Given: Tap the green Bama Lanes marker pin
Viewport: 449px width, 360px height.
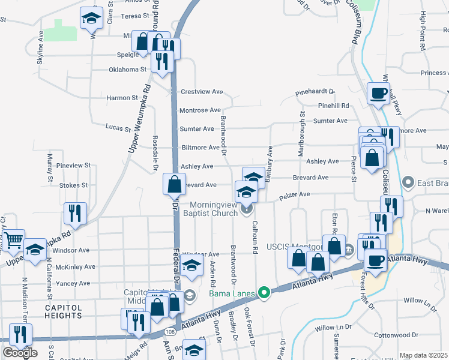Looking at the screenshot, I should point(263,293).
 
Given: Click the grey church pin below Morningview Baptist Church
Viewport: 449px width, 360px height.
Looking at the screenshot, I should point(247,209).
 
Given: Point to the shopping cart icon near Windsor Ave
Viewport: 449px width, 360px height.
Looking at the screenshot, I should point(13,240).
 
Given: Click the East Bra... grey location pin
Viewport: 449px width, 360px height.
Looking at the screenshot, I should point(409,181).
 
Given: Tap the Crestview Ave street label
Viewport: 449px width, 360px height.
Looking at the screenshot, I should point(202,92).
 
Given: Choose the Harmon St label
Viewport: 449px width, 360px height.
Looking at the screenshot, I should point(122,98).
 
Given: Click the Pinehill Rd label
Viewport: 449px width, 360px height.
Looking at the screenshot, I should point(334,106).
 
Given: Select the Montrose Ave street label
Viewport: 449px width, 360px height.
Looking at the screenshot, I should point(200,110).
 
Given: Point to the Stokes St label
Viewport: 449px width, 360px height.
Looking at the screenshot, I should point(73,185).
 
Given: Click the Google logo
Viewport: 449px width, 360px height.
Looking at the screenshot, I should point(20,353).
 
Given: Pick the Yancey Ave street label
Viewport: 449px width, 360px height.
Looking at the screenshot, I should point(72,283).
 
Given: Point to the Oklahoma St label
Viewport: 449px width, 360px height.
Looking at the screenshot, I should point(127,69).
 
